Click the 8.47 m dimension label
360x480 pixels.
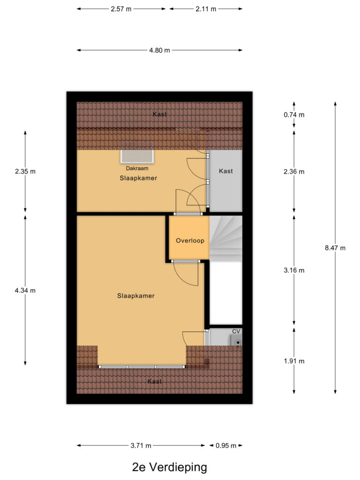335,248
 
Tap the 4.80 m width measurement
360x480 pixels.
159,51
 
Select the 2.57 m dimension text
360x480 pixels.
121,9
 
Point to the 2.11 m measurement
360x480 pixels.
206,9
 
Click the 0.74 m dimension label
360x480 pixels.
294,115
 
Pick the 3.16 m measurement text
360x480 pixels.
294,270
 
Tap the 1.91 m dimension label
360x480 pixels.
294,361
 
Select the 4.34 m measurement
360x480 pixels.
25,291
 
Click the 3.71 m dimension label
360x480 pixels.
142,445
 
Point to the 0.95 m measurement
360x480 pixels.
226,445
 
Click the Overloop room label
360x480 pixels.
190,240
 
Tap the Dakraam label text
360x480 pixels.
137,168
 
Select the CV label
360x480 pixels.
236,331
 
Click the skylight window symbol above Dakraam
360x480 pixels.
137,157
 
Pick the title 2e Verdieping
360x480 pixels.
169,467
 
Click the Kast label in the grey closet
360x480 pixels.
225,171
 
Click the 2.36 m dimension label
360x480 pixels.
294,172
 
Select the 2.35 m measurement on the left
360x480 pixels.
25,172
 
